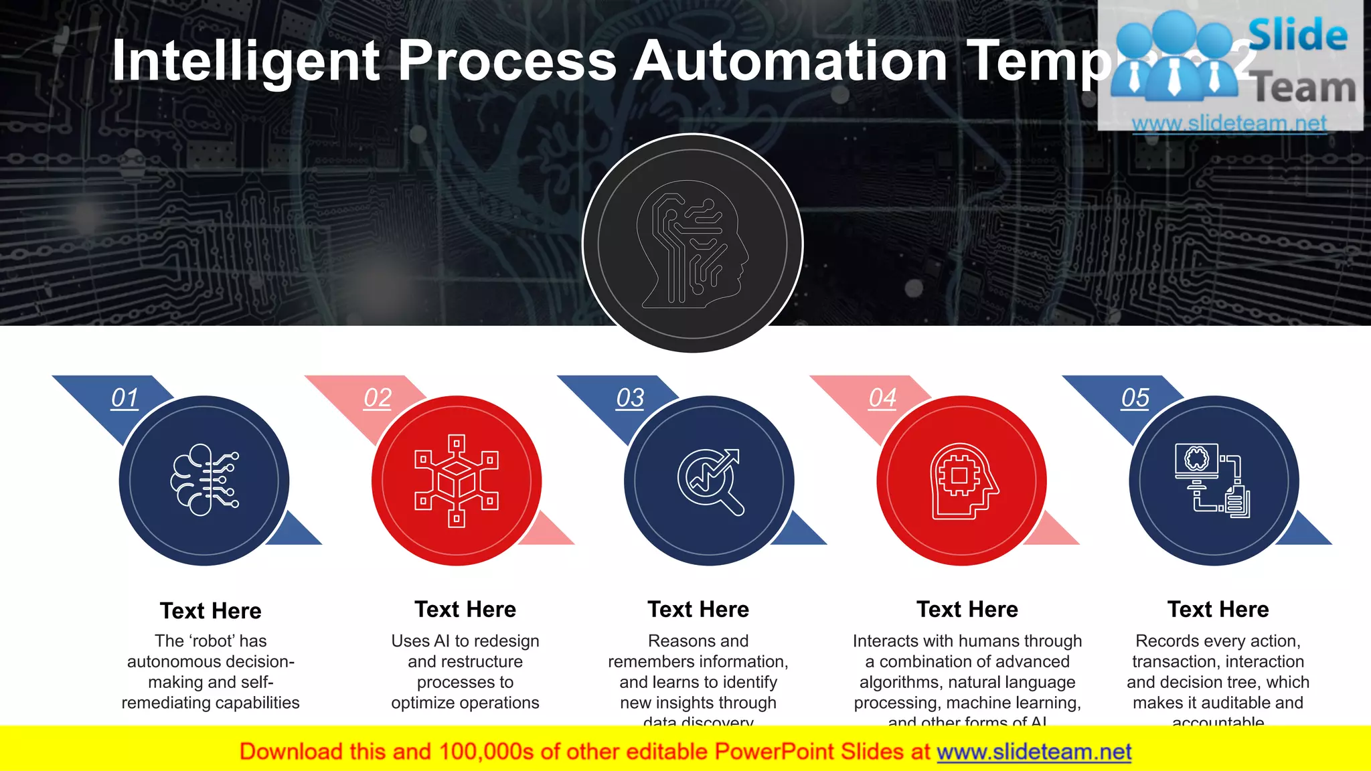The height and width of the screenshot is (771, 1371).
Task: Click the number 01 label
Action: click(125, 398)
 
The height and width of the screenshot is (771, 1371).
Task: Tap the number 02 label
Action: click(378, 398)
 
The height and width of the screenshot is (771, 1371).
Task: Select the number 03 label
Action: click(630, 398)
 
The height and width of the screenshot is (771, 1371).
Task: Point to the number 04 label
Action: click(882, 398)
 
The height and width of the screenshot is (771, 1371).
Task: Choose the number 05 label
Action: click(1135, 398)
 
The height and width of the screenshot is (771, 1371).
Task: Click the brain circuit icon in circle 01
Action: click(204, 480)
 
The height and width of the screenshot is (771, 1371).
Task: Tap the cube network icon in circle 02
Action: click(457, 481)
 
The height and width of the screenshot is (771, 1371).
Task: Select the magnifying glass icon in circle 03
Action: click(710, 481)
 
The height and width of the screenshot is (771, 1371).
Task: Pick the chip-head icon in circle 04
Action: click(962, 481)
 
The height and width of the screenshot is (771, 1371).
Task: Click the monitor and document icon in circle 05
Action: click(1213, 481)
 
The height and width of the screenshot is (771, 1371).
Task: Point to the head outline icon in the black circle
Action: click(693, 244)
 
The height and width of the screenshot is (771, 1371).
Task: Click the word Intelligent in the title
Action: click(246, 61)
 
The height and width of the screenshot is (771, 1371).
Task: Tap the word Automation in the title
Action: click(790, 61)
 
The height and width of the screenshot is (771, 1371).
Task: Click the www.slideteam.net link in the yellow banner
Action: click(1034, 752)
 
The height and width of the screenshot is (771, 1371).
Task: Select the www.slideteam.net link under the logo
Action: click(1229, 124)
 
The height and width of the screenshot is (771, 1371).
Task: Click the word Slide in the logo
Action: click(1297, 35)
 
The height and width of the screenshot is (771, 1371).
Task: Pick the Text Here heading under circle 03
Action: click(698, 609)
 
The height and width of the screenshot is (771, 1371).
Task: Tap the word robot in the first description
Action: click(211, 641)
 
